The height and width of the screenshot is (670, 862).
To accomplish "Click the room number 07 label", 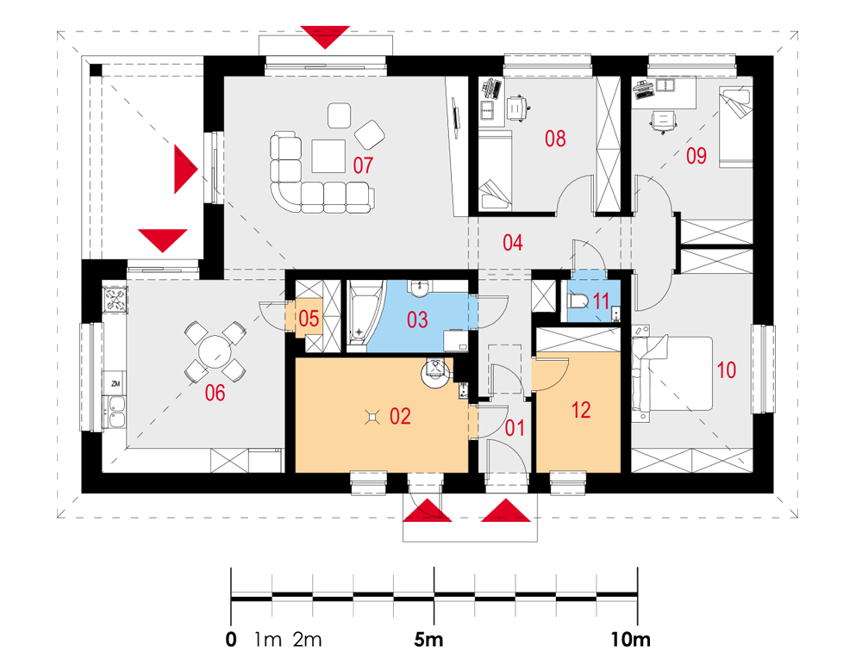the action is [363, 165].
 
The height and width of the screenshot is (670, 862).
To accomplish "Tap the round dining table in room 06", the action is [215, 351].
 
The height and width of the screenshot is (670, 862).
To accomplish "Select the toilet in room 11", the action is [578, 301].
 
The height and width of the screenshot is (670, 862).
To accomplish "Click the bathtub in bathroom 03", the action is [360, 315].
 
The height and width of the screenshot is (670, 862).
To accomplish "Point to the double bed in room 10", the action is [671, 374].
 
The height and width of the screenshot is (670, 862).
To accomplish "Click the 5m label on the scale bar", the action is [428, 640].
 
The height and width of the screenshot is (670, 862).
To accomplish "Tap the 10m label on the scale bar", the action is [631, 640].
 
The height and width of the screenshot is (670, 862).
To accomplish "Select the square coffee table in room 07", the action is [328, 157].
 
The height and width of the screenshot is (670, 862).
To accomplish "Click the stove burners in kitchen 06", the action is [116, 300].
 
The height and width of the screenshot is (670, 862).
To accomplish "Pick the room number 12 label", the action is [581, 410].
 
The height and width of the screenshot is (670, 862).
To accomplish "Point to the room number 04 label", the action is [512, 243].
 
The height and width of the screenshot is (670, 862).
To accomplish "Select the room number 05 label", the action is [309, 319].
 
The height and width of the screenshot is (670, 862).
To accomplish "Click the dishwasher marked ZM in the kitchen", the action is [116, 384].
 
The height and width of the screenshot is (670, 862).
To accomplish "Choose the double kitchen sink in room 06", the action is [116, 413].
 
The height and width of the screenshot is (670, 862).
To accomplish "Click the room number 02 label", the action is [400, 416].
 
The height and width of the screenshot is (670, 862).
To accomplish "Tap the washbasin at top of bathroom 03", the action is [420, 287].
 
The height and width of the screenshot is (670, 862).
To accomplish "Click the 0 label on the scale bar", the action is [231, 640].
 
